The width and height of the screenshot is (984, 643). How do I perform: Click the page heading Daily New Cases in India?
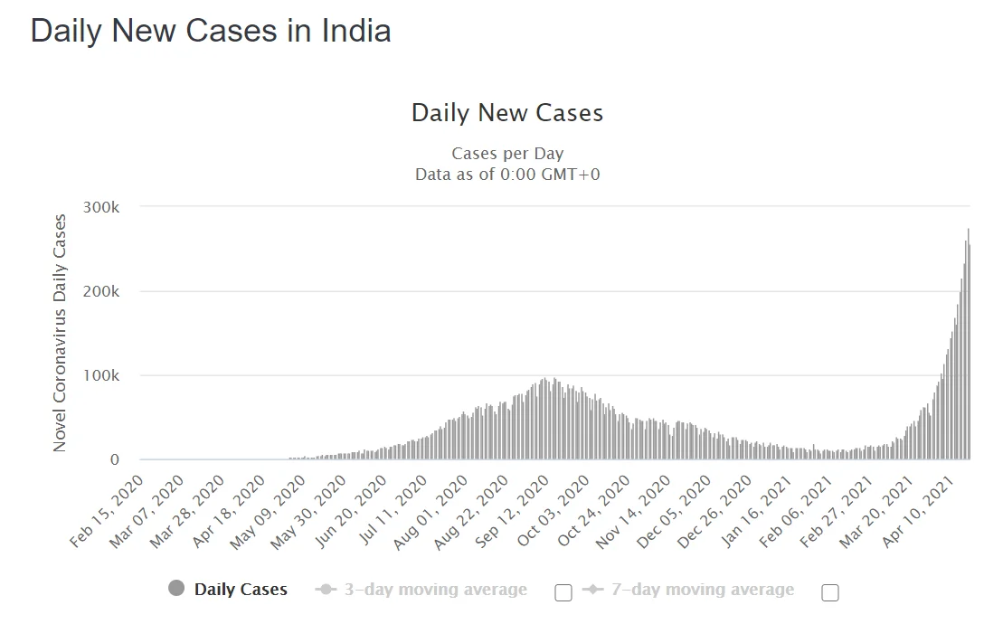pyautogui.click(x=211, y=31)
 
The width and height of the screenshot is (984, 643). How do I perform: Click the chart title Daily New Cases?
pyautogui.click(x=506, y=113)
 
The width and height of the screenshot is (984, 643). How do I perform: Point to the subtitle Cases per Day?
pyautogui.click(x=506, y=154)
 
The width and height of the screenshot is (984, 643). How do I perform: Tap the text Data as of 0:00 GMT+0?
pyautogui.click(x=506, y=175)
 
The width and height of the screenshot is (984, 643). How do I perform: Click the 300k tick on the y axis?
pyautogui.click(x=100, y=207)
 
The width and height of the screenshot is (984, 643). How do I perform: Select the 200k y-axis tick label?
pyautogui.click(x=100, y=291)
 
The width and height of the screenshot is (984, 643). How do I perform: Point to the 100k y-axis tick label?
pyautogui.click(x=100, y=375)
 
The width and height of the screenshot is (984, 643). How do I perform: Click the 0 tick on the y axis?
pyautogui.click(x=114, y=459)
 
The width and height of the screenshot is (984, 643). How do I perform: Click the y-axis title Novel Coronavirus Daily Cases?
pyautogui.click(x=61, y=333)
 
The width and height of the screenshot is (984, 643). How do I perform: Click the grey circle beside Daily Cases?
pyautogui.click(x=176, y=589)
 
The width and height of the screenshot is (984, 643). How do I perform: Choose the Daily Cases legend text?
pyautogui.click(x=241, y=590)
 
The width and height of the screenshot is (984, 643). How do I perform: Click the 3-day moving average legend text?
pyautogui.click(x=435, y=590)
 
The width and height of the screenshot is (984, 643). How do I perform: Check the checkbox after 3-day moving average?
pyautogui.click(x=563, y=592)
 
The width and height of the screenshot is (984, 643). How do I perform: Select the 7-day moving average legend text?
pyautogui.click(x=703, y=590)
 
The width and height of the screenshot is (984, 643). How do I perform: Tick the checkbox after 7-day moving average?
pyautogui.click(x=830, y=592)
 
